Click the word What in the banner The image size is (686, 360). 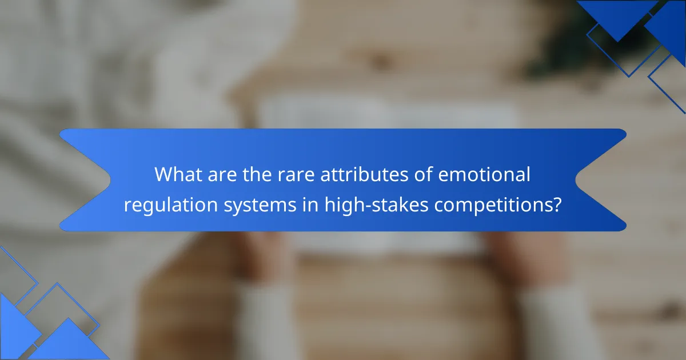(x=178, y=174)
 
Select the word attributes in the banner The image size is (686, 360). (x=364, y=174)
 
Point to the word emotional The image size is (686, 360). (x=484, y=174)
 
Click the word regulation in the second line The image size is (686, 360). (x=170, y=205)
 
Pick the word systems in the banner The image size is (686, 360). (x=260, y=206)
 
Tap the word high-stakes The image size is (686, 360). (x=376, y=205)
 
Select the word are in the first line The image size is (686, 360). (x=222, y=176)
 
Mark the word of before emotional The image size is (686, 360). (x=423, y=174)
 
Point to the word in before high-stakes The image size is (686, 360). (x=310, y=205)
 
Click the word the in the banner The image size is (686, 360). (x=257, y=174)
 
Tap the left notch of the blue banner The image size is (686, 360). (x=110, y=180)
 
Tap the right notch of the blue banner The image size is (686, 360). (x=576, y=180)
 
